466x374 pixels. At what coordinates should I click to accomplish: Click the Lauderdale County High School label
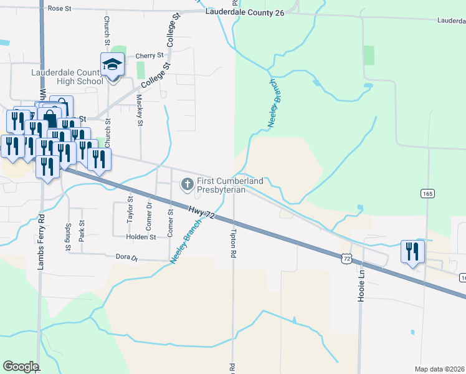pyautogui.click(x=67, y=77)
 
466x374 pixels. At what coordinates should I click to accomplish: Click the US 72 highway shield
pyautogui.click(x=346, y=257)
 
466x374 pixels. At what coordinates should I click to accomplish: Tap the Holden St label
pyautogui.click(x=140, y=237)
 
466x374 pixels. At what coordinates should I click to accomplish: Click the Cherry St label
pyautogui.click(x=150, y=55)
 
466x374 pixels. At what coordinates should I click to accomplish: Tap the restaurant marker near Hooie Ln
pyautogui.click(x=412, y=252)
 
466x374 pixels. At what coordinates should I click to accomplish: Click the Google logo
pyautogui.click(x=21, y=367)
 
